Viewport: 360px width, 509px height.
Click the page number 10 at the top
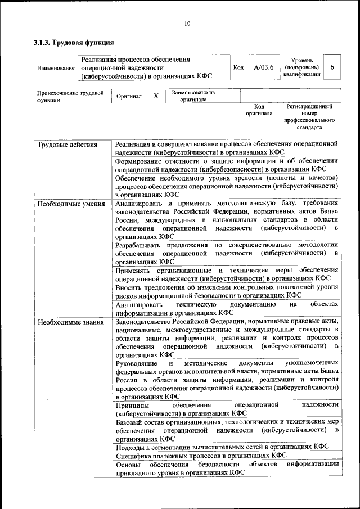[x=187, y=23]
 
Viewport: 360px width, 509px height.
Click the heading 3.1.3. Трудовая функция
[x=73, y=42]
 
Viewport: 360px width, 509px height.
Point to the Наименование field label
[x=55, y=68]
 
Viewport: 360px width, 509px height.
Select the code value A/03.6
[x=263, y=67]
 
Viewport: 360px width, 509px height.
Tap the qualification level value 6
[x=332, y=67]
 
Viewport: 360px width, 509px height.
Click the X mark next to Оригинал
[x=156, y=96]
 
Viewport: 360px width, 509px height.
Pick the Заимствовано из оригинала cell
[x=193, y=96]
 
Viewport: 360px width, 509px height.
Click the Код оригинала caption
[x=259, y=110]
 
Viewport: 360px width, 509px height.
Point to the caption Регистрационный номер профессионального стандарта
[x=309, y=116]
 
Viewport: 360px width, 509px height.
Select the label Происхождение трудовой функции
[x=70, y=96]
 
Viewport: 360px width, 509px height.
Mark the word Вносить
[x=129, y=287]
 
